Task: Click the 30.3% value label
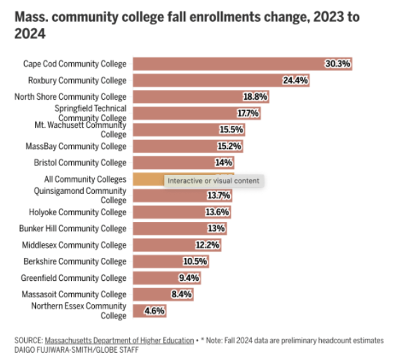pos(338,64)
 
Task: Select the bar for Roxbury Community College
pos(207,80)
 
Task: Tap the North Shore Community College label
pos(70,97)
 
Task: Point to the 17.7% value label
pos(248,114)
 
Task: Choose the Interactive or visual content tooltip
pos(213,181)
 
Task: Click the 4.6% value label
pos(154,311)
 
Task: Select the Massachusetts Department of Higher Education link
pos(119,340)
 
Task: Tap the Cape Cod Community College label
pos(75,64)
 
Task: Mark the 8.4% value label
pos(182,294)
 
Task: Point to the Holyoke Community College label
pos(78,212)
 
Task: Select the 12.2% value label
pos(208,245)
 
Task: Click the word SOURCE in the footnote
pos(27,340)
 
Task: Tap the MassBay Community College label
pos(76,147)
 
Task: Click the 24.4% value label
pos(295,80)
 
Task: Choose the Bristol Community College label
pos(80,163)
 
